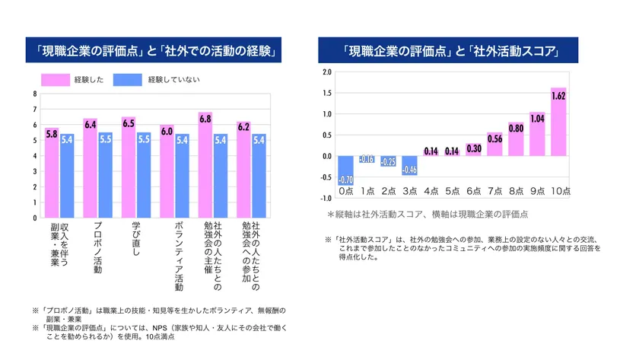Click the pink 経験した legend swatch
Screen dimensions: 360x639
click(56, 79)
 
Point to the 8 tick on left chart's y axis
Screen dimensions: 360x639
click(33, 94)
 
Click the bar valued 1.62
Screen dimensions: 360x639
click(558, 122)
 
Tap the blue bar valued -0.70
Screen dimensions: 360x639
click(345, 170)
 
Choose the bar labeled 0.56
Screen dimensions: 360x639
click(494, 144)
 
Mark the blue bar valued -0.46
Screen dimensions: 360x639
click(409, 165)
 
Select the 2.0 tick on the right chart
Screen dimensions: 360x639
click(327, 72)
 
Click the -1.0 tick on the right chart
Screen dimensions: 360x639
click(326, 198)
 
